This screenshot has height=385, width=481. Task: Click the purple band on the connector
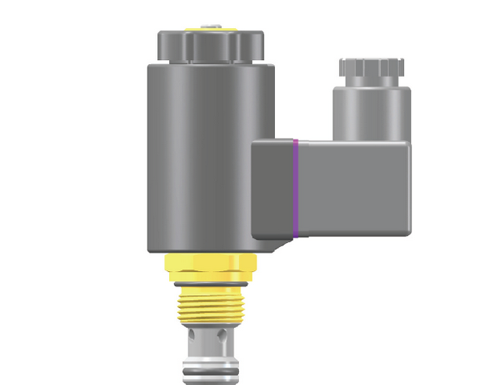pyautogui.click(x=295, y=189)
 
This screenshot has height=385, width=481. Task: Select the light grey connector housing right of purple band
pyautogui.click(x=353, y=188)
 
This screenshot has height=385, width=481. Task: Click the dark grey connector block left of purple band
pyautogui.click(x=273, y=188)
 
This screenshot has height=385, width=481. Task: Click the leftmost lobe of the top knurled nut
pyautogui.click(x=162, y=43)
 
